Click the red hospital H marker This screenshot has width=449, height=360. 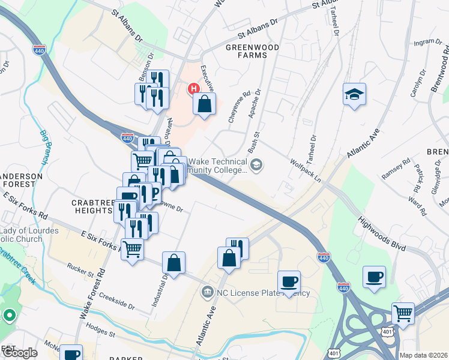(x=194, y=89)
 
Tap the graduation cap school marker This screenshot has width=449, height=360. (x=355, y=94)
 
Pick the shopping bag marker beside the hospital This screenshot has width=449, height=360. (x=205, y=103)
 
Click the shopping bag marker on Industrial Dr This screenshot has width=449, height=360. (x=173, y=262)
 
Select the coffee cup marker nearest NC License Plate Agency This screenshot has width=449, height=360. (x=289, y=281)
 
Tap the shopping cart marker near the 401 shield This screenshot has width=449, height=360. (x=403, y=313)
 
